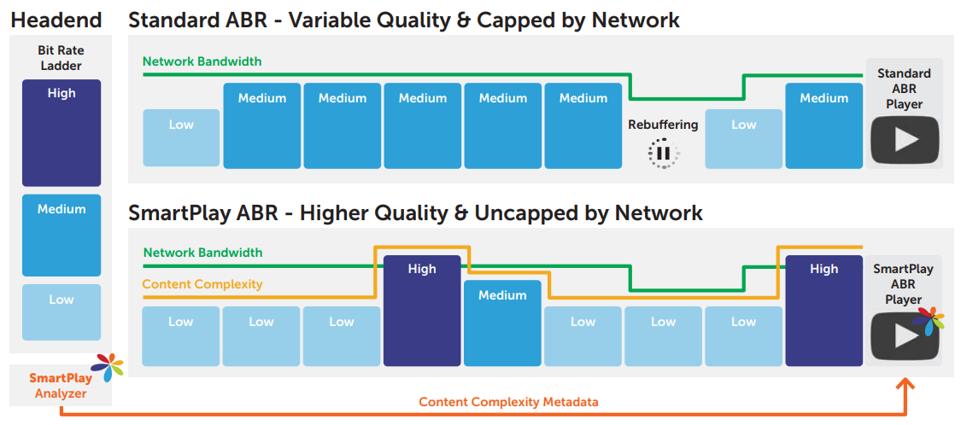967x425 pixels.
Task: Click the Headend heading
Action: click(56, 20)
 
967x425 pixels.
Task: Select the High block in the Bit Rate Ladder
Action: click(61, 133)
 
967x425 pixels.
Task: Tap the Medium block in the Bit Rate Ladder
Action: click(61, 236)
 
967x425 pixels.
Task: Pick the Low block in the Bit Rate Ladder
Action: click(61, 312)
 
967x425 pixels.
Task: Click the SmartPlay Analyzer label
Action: click(61, 384)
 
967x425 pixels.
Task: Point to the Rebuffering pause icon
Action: click(663, 153)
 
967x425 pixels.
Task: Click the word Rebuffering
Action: click(663, 125)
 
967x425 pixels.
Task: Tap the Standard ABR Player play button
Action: click(905, 140)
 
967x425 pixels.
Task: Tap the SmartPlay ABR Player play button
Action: click(905, 335)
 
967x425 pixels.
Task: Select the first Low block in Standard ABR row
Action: click(181, 138)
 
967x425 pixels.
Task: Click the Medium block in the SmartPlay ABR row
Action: click(502, 323)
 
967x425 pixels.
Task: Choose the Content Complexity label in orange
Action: click(202, 284)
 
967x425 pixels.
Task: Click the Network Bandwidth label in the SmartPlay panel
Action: click(202, 253)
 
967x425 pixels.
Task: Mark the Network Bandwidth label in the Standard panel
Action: click(202, 61)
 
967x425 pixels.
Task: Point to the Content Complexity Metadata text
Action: click(508, 402)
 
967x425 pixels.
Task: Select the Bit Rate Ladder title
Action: click(61, 58)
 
